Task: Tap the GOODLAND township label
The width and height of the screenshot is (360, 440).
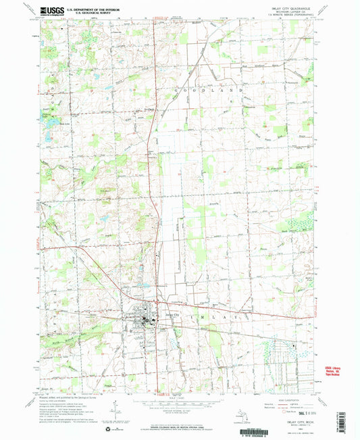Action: (199, 89)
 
